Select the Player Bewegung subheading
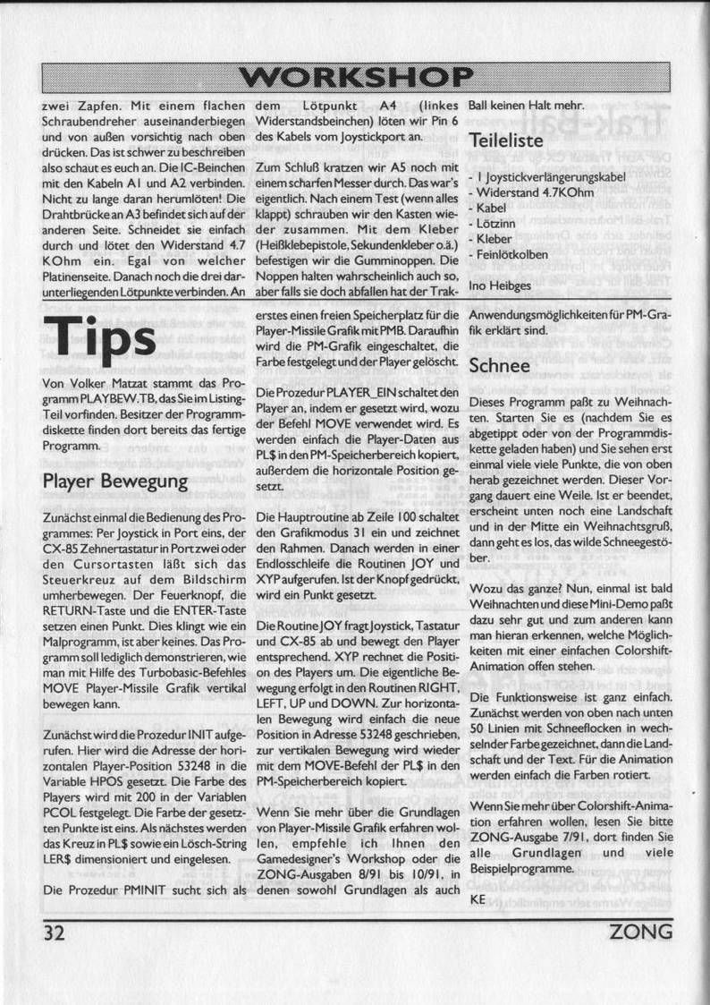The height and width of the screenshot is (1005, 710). point(115,481)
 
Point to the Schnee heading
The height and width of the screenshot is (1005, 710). point(499,366)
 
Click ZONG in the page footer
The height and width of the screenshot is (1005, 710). point(640,933)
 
